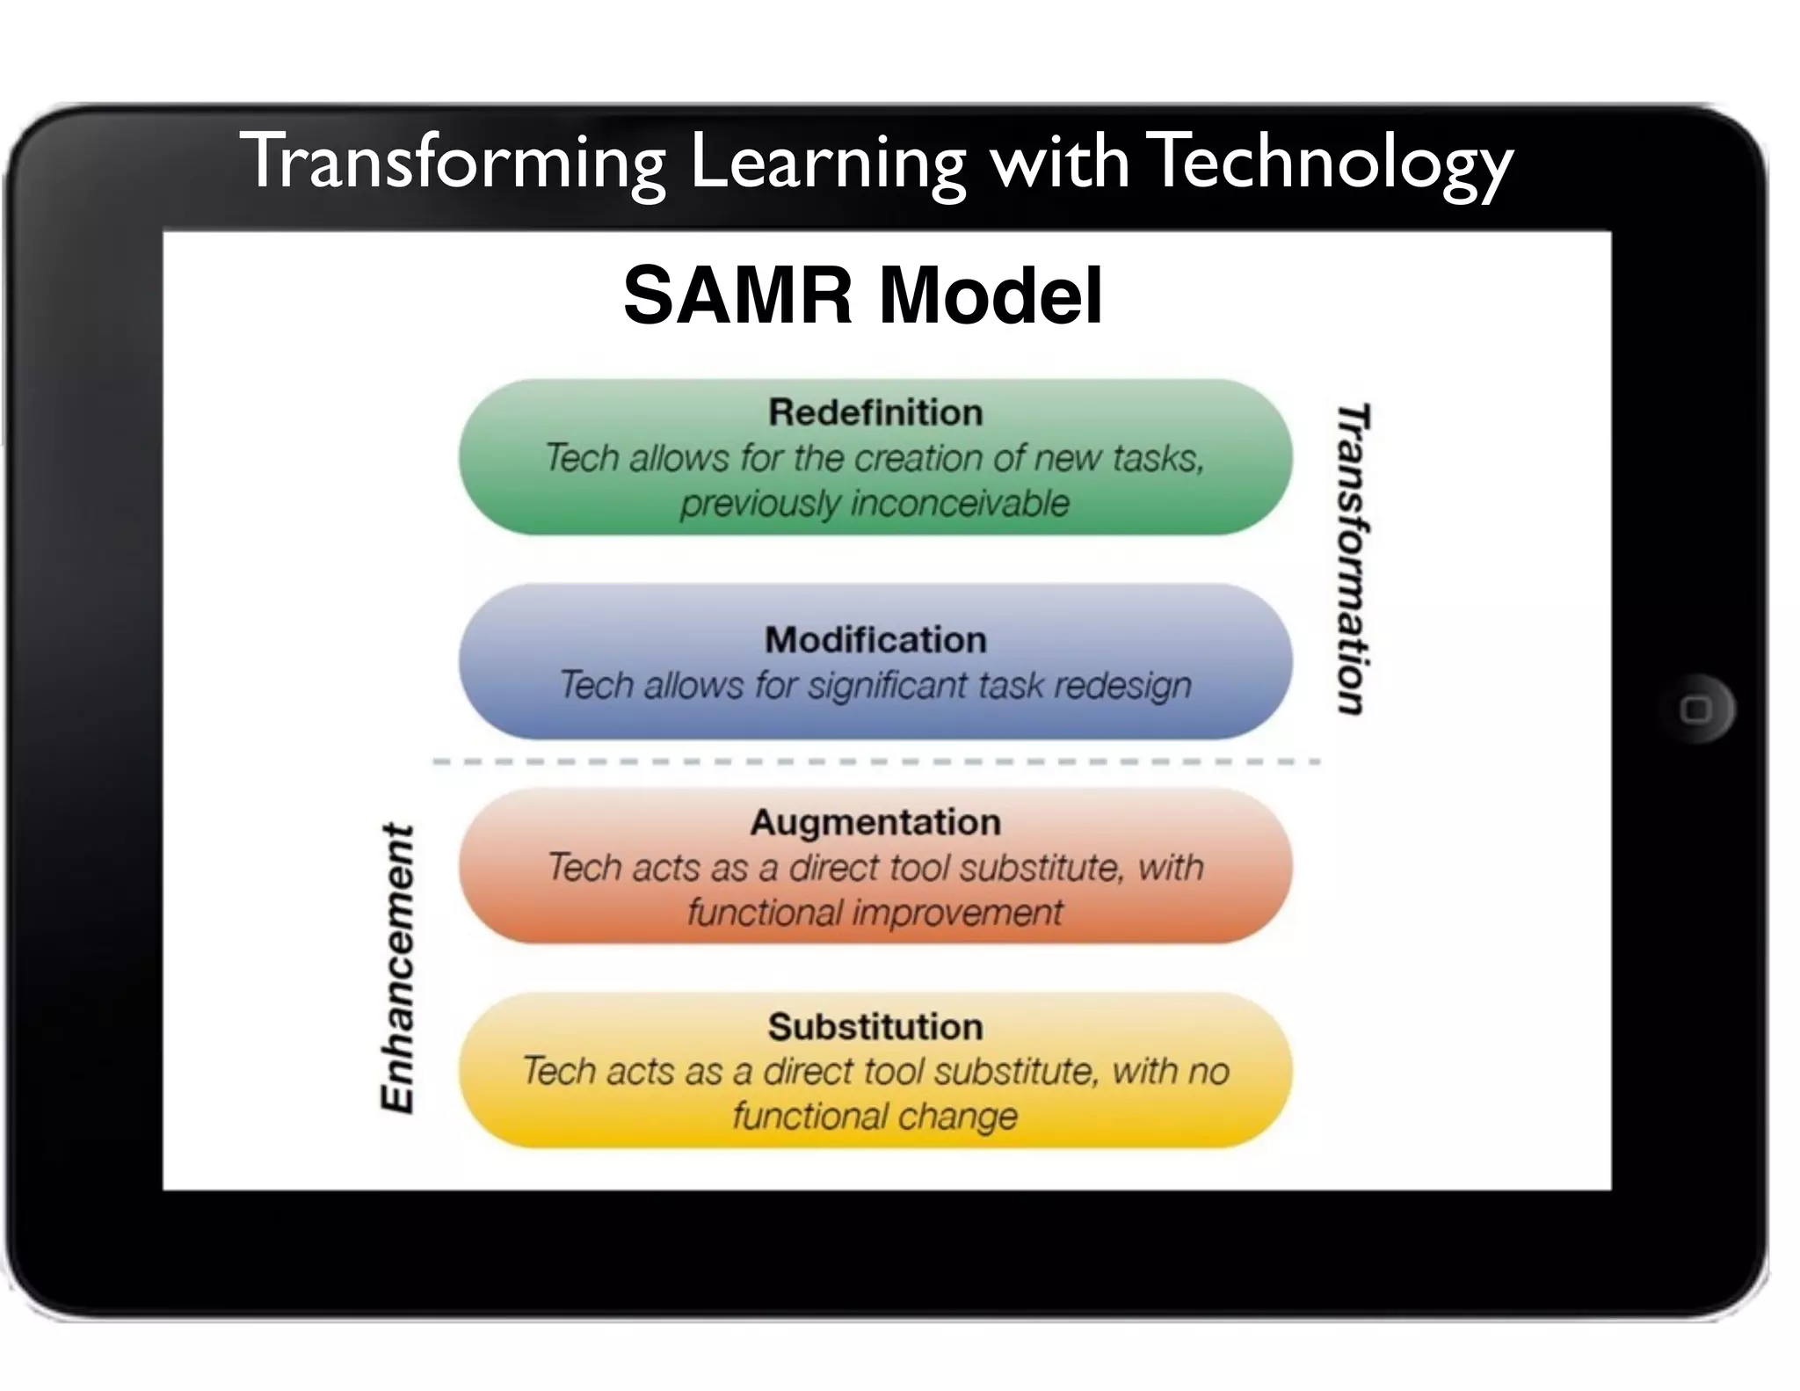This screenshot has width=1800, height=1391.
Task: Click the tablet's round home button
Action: click(x=1695, y=709)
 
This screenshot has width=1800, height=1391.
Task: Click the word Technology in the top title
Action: click(x=1331, y=163)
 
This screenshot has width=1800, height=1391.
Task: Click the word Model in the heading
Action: click(x=991, y=295)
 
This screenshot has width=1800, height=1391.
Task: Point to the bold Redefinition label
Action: click(x=875, y=412)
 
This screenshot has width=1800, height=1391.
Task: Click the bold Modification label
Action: click(x=875, y=639)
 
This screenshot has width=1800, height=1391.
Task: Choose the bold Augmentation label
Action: click(x=875, y=822)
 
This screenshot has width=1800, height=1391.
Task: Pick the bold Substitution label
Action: click(x=875, y=1026)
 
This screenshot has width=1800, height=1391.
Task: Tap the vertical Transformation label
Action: click(x=1353, y=559)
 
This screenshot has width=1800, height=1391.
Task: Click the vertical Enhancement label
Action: click(x=397, y=968)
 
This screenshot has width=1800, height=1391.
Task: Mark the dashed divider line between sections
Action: click(x=875, y=761)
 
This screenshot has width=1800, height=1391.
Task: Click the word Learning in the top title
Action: click(x=827, y=163)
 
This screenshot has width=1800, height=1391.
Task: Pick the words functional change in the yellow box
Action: click(x=875, y=1117)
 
